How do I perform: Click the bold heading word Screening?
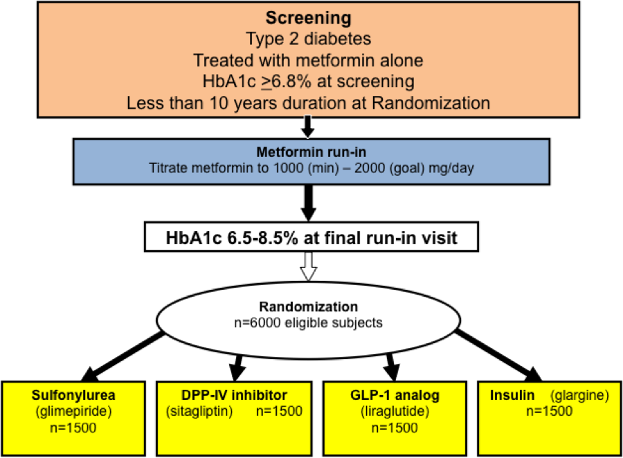[x=308, y=18]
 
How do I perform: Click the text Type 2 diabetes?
[x=308, y=39]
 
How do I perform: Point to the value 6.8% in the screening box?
[x=291, y=82]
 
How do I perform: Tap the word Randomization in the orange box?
[x=431, y=103]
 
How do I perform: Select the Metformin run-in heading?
[x=311, y=152]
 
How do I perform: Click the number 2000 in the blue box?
[x=370, y=168]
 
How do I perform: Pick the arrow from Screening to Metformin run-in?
[x=308, y=127]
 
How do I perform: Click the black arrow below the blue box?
[x=308, y=203]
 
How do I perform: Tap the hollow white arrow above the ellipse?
[x=308, y=266]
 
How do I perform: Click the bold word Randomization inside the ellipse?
[x=308, y=306]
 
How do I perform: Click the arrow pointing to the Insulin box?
[x=498, y=356]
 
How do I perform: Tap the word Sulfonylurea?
[x=73, y=395]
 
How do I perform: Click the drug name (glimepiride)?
[x=73, y=411]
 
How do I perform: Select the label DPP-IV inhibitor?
[x=234, y=395]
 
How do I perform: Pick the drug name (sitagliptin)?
[x=199, y=411]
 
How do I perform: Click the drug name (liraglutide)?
[x=395, y=411]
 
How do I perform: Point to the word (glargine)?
[x=579, y=396]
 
